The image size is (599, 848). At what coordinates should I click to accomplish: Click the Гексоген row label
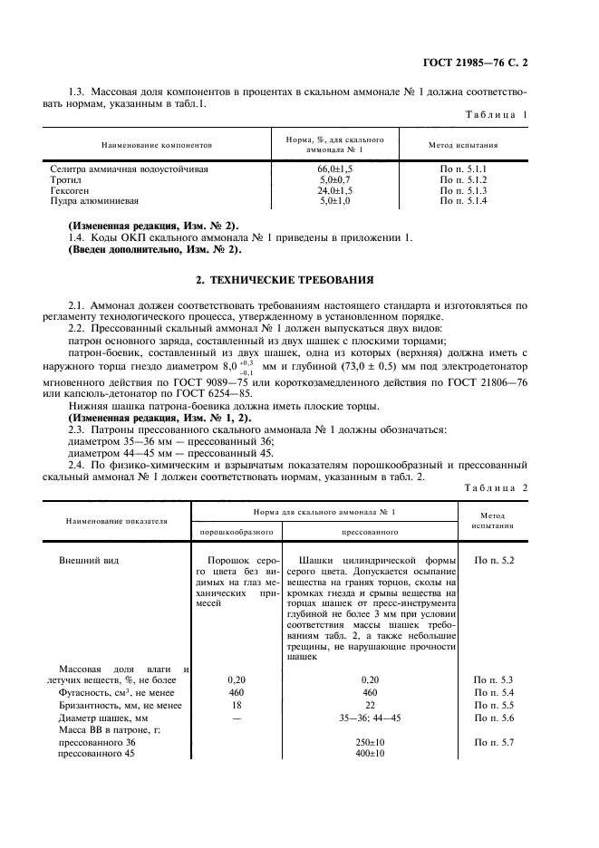(75, 190)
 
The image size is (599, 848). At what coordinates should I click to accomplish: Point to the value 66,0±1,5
(334, 169)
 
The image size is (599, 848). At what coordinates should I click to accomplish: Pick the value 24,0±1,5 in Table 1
(334, 190)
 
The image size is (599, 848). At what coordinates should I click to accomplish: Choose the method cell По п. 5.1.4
(463, 201)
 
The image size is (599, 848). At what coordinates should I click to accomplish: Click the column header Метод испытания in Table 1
(462, 144)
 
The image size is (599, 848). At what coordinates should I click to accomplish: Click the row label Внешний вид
(88, 561)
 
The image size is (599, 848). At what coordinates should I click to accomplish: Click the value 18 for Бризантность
(237, 704)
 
